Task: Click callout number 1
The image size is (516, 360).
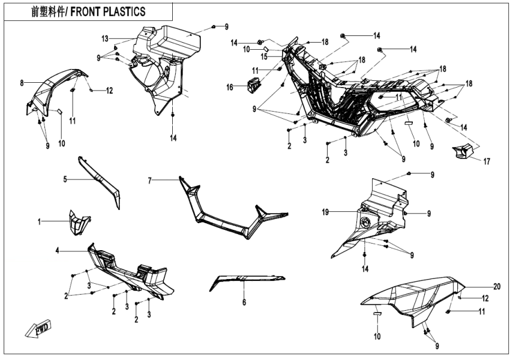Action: pyautogui.click(x=40, y=222)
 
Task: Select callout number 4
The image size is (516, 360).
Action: pyautogui.click(x=57, y=250)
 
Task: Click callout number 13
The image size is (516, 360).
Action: pyautogui.click(x=105, y=38)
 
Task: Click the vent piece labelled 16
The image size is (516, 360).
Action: pyautogui.click(x=252, y=84)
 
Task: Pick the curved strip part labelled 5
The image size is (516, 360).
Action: pyautogui.click(x=101, y=180)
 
